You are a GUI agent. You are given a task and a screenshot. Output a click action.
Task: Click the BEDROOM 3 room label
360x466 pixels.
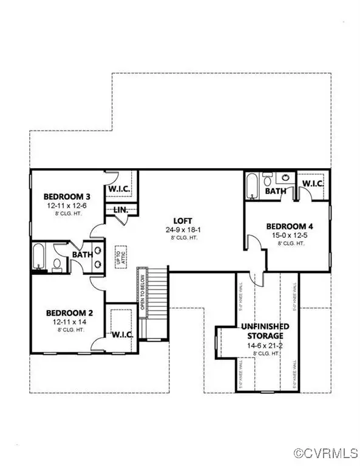point(67,197)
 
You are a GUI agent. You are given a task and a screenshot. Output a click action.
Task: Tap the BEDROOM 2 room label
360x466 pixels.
point(70,313)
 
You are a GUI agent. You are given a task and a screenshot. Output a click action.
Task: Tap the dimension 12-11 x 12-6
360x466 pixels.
point(67,206)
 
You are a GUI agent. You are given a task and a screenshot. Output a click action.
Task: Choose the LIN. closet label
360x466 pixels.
point(120,210)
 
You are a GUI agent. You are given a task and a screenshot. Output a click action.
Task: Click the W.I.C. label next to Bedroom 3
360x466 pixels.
point(121,189)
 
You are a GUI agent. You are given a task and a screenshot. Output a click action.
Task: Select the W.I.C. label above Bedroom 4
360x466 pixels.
point(312,183)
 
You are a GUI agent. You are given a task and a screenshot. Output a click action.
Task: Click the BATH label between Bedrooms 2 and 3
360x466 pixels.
point(83,255)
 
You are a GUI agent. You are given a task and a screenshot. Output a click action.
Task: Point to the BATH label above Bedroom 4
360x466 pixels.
point(275,191)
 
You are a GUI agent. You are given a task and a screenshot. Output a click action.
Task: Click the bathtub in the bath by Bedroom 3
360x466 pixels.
point(39,257)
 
